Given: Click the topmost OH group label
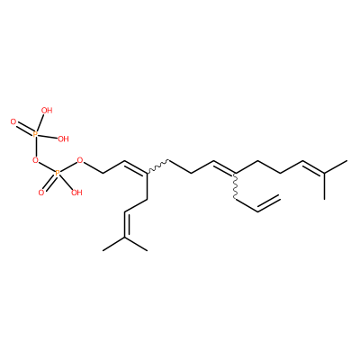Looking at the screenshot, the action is pos(47,111).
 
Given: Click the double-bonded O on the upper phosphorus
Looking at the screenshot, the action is pos(13,121).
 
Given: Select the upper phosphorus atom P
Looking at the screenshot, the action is pos(35,134).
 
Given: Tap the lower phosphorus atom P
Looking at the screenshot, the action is pos(58,173).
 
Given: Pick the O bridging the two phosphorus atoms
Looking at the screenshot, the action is pos(35,160).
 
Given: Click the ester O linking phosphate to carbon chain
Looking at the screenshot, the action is pos(80,160).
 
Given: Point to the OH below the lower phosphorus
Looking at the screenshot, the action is pos(76,193).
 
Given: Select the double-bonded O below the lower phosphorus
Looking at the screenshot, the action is pos(41,193).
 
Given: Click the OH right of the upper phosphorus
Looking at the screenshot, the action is pos(63,139).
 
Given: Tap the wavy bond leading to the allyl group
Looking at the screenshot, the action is pos(235,186).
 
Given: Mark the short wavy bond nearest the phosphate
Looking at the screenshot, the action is pos(157,166).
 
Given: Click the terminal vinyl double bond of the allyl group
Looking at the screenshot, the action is pos(269,204).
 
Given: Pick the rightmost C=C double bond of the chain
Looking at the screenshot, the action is pos(313,166).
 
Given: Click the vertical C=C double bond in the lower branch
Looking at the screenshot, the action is pos(125,224).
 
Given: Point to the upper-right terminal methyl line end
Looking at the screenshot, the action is pos(346,161).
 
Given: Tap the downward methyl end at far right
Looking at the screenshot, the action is pos(325,199).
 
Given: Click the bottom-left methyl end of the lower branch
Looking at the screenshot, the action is pos(103,250).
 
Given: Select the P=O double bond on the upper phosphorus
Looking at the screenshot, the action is pos(24,129).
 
